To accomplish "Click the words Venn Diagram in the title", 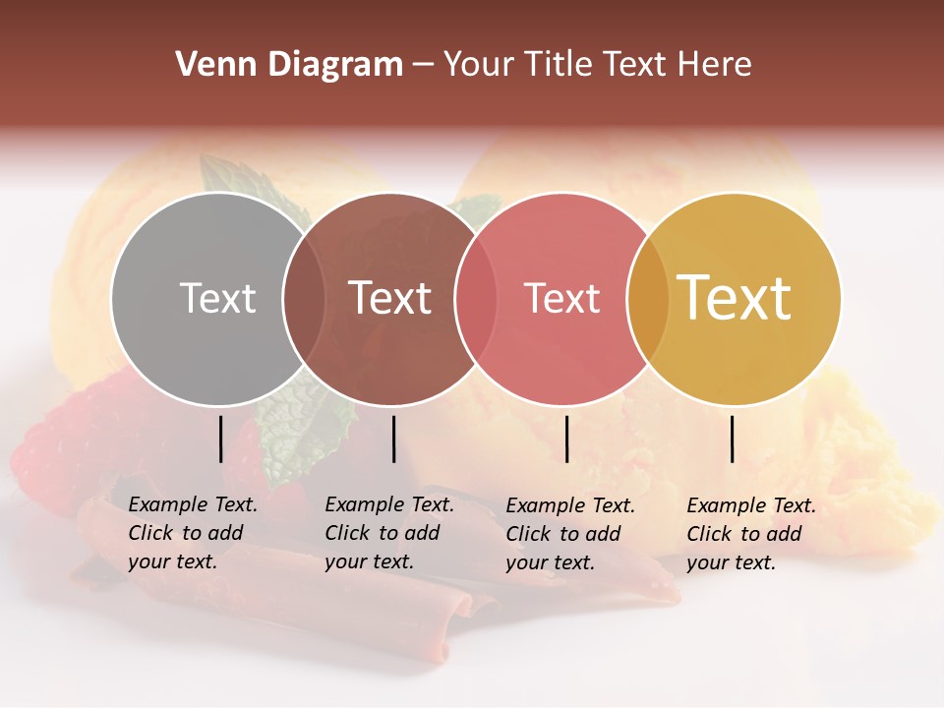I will point(289,65).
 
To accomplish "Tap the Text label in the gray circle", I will point(217,298).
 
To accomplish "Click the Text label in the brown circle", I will point(390,298).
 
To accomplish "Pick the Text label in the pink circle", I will point(561,298).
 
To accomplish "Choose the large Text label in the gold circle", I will point(735,298).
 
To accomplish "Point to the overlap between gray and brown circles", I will point(304,299).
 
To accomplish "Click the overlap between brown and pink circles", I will point(476,299).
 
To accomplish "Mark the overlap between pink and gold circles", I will point(648,299).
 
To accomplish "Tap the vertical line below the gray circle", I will point(221,439).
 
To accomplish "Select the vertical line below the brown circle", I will point(393,439).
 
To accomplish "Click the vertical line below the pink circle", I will point(566,439).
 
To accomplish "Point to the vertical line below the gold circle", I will point(733,439).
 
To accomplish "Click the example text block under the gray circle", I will point(193,533).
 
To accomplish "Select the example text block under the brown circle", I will point(389,533).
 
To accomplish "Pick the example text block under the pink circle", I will point(570,534).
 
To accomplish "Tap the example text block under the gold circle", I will point(751,534).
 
